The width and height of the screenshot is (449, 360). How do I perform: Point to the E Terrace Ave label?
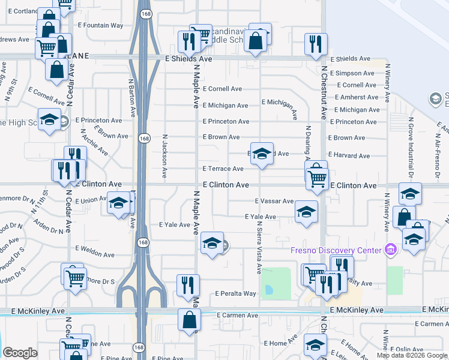(223, 169)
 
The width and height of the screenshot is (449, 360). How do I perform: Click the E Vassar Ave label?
(274, 201)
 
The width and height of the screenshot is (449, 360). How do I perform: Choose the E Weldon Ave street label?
(94, 248)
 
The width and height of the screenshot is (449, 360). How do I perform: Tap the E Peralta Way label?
(235, 294)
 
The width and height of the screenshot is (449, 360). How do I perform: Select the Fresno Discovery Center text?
(336, 250)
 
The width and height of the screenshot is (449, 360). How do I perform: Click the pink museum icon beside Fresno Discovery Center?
(390, 249)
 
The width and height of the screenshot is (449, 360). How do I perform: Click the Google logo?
(20, 353)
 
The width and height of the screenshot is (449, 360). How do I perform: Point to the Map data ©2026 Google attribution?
(412, 355)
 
